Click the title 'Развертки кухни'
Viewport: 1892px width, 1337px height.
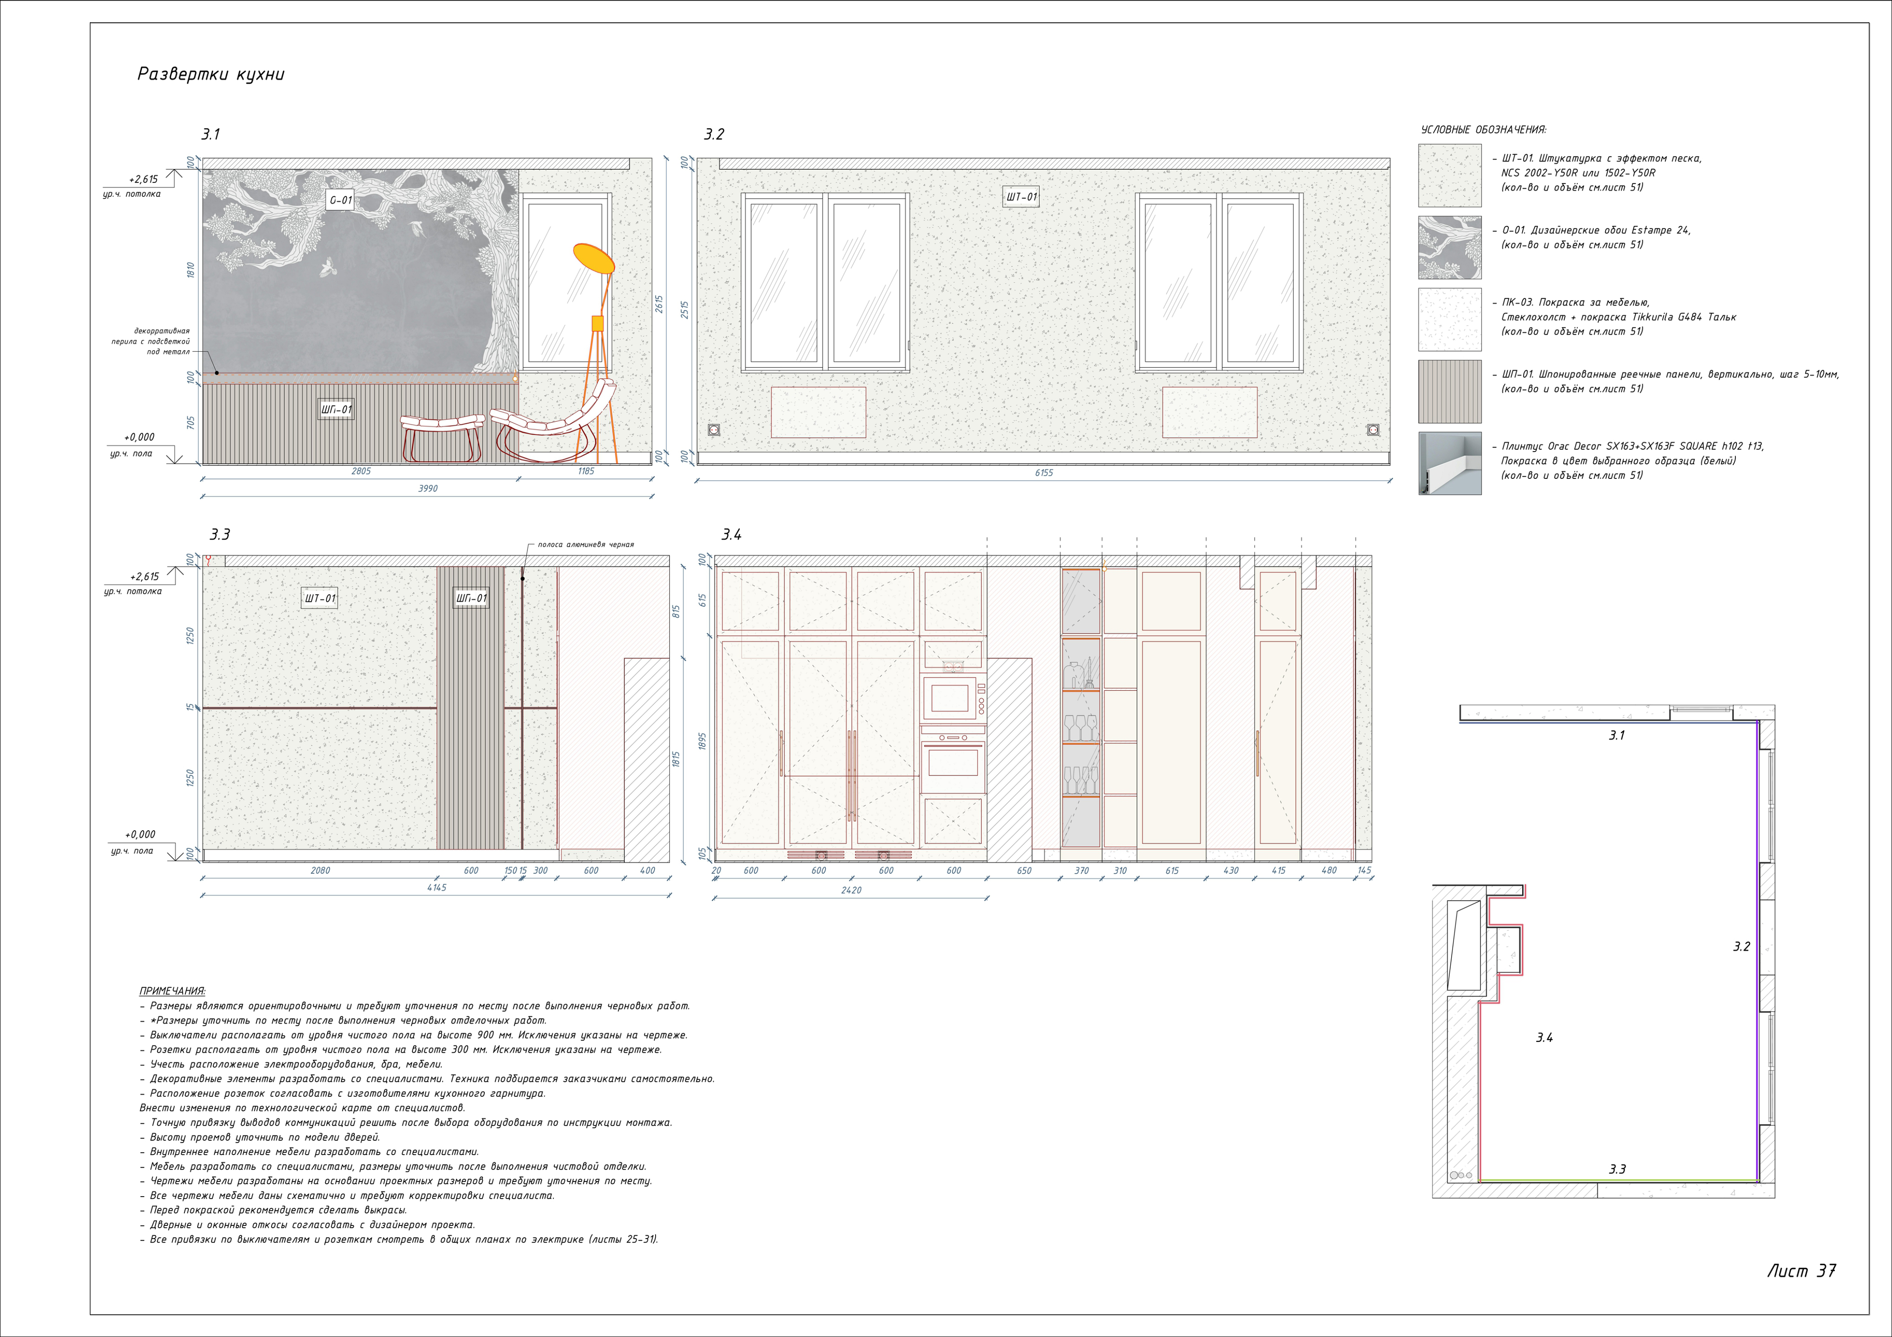(211, 74)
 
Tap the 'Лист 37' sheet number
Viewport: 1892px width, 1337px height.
(1801, 1271)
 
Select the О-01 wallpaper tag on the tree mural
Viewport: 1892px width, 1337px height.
(341, 200)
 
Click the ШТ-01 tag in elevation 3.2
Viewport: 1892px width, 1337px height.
(1021, 197)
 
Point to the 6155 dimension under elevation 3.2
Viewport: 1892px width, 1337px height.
(1043, 473)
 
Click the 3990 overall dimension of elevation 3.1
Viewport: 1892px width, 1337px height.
(428, 488)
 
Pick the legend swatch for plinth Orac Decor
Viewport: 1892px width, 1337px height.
(1449, 464)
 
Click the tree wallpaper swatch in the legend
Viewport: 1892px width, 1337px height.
(1449, 248)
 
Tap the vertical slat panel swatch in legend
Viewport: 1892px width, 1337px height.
(1449, 391)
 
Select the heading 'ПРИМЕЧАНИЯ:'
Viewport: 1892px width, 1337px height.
(172, 991)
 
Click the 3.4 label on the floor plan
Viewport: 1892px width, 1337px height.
(1544, 1038)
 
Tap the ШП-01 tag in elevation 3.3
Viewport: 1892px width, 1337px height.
(472, 598)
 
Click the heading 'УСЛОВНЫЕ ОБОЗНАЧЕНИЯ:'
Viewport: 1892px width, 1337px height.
(1483, 130)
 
